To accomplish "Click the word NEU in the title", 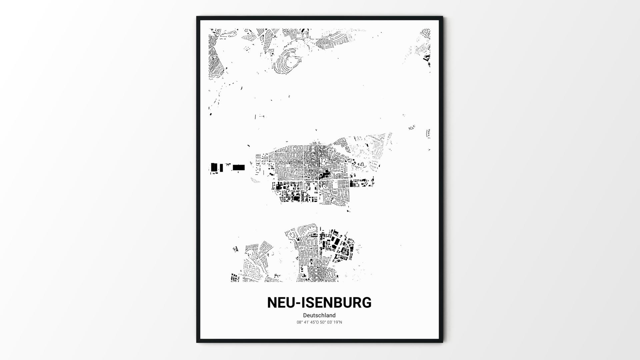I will coord(281,302).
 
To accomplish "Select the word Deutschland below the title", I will coord(319,315).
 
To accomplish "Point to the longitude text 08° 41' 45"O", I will coord(308,322).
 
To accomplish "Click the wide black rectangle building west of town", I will coord(239,167).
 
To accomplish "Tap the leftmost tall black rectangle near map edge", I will coord(214,167).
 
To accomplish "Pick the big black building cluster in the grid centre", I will coord(324,174).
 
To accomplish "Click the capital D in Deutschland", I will coord(305,315).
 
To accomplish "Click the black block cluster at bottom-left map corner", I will coord(235,278).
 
